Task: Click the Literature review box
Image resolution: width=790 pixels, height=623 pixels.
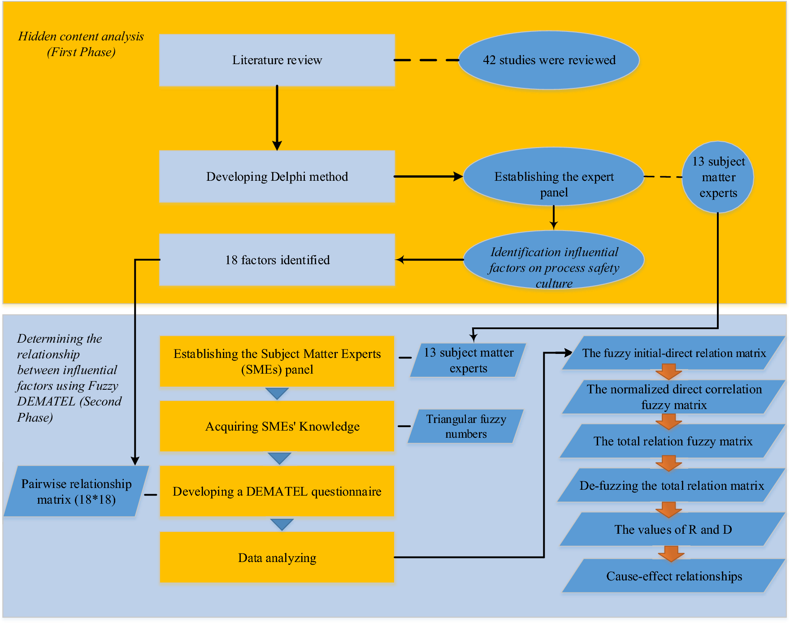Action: coord(277,60)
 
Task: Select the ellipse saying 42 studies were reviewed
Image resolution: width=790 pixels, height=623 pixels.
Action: coord(549,60)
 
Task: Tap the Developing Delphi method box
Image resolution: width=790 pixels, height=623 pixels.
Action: coord(277,177)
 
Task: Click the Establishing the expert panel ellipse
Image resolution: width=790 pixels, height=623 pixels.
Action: coord(554,177)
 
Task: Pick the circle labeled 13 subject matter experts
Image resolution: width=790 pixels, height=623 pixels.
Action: coord(718,177)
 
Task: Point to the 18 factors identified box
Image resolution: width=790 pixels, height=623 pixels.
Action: coord(277,260)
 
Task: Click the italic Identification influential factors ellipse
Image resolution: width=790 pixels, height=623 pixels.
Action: coord(554,260)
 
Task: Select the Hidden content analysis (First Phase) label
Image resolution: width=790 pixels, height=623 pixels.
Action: coord(81,44)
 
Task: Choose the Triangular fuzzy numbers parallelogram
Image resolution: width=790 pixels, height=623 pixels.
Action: coord(466,426)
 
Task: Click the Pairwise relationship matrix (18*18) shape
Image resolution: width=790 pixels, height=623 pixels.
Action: coord(76,492)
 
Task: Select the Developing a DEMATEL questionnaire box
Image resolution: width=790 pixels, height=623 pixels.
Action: coord(277,492)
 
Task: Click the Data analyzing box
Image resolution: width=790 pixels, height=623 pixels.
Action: coord(277,558)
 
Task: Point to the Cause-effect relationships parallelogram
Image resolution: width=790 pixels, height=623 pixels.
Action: coord(673,576)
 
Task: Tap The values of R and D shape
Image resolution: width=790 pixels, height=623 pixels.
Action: coord(673,529)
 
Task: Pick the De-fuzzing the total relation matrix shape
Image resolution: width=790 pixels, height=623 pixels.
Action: coord(671,485)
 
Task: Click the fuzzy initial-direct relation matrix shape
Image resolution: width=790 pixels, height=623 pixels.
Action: coord(673,353)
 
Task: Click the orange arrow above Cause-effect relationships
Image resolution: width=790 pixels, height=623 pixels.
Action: coord(671,553)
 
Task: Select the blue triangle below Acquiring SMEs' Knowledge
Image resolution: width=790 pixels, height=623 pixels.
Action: coord(279,458)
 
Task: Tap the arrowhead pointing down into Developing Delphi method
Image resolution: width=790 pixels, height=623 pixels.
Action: coord(277,145)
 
